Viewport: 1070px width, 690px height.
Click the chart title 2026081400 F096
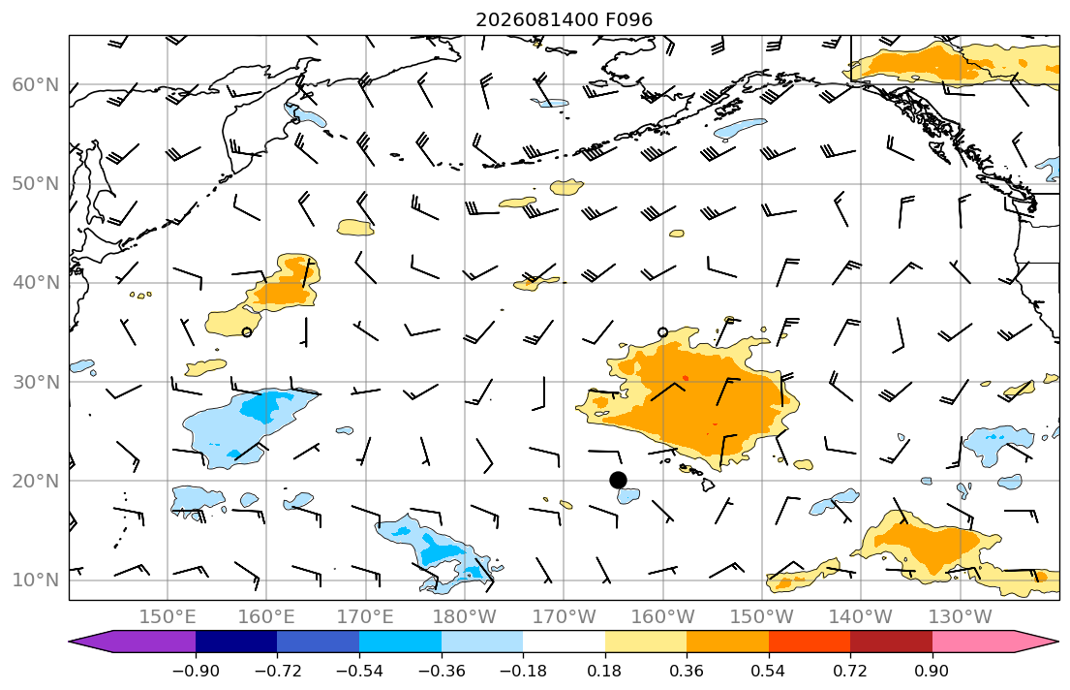pyautogui.click(x=564, y=19)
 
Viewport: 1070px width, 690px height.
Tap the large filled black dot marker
pyautogui.click(x=618, y=481)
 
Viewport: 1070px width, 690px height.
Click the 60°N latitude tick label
pyautogui.click(x=36, y=84)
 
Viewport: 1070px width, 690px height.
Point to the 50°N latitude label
pyautogui.click(x=36, y=184)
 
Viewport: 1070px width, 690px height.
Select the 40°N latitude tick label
pyautogui.click(x=36, y=283)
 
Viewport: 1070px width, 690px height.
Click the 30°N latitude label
pyautogui.click(x=36, y=382)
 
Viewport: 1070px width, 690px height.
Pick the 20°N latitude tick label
pyautogui.click(x=36, y=481)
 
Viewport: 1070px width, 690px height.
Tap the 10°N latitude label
pyautogui.click(x=36, y=580)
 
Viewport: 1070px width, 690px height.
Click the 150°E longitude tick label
pyautogui.click(x=168, y=617)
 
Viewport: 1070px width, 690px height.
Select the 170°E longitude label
pyautogui.click(x=366, y=617)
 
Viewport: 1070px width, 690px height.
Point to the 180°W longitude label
pyautogui.click(x=465, y=617)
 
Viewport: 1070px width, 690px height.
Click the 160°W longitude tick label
pyautogui.click(x=662, y=617)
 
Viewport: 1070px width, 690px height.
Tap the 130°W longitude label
pyautogui.click(x=961, y=617)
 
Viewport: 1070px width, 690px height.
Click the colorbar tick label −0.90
pyautogui.click(x=196, y=671)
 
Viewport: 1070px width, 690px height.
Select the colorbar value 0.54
pyautogui.click(x=769, y=671)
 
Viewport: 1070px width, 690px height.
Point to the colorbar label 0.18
pyautogui.click(x=604, y=671)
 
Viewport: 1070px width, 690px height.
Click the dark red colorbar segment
pyautogui.click(x=891, y=642)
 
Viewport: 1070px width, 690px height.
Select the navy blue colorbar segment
pyautogui.click(x=236, y=642)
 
